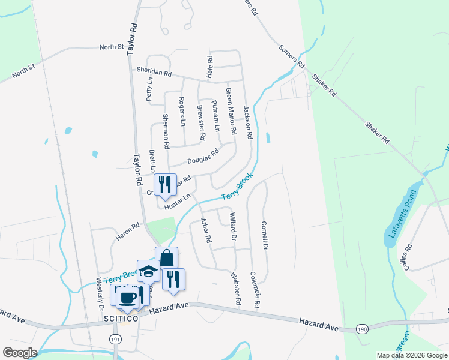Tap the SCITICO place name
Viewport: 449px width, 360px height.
120,319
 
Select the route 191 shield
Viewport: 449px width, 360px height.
116,340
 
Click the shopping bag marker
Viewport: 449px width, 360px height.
166,259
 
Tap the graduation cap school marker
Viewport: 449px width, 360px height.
148,272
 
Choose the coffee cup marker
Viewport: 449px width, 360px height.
125,298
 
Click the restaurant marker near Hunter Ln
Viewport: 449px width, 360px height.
164,184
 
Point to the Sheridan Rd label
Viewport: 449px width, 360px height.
154,71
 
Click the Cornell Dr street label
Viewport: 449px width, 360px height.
264,236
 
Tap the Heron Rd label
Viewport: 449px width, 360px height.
127,232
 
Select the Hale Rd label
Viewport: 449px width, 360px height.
209,68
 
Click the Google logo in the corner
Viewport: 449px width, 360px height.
20,352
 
